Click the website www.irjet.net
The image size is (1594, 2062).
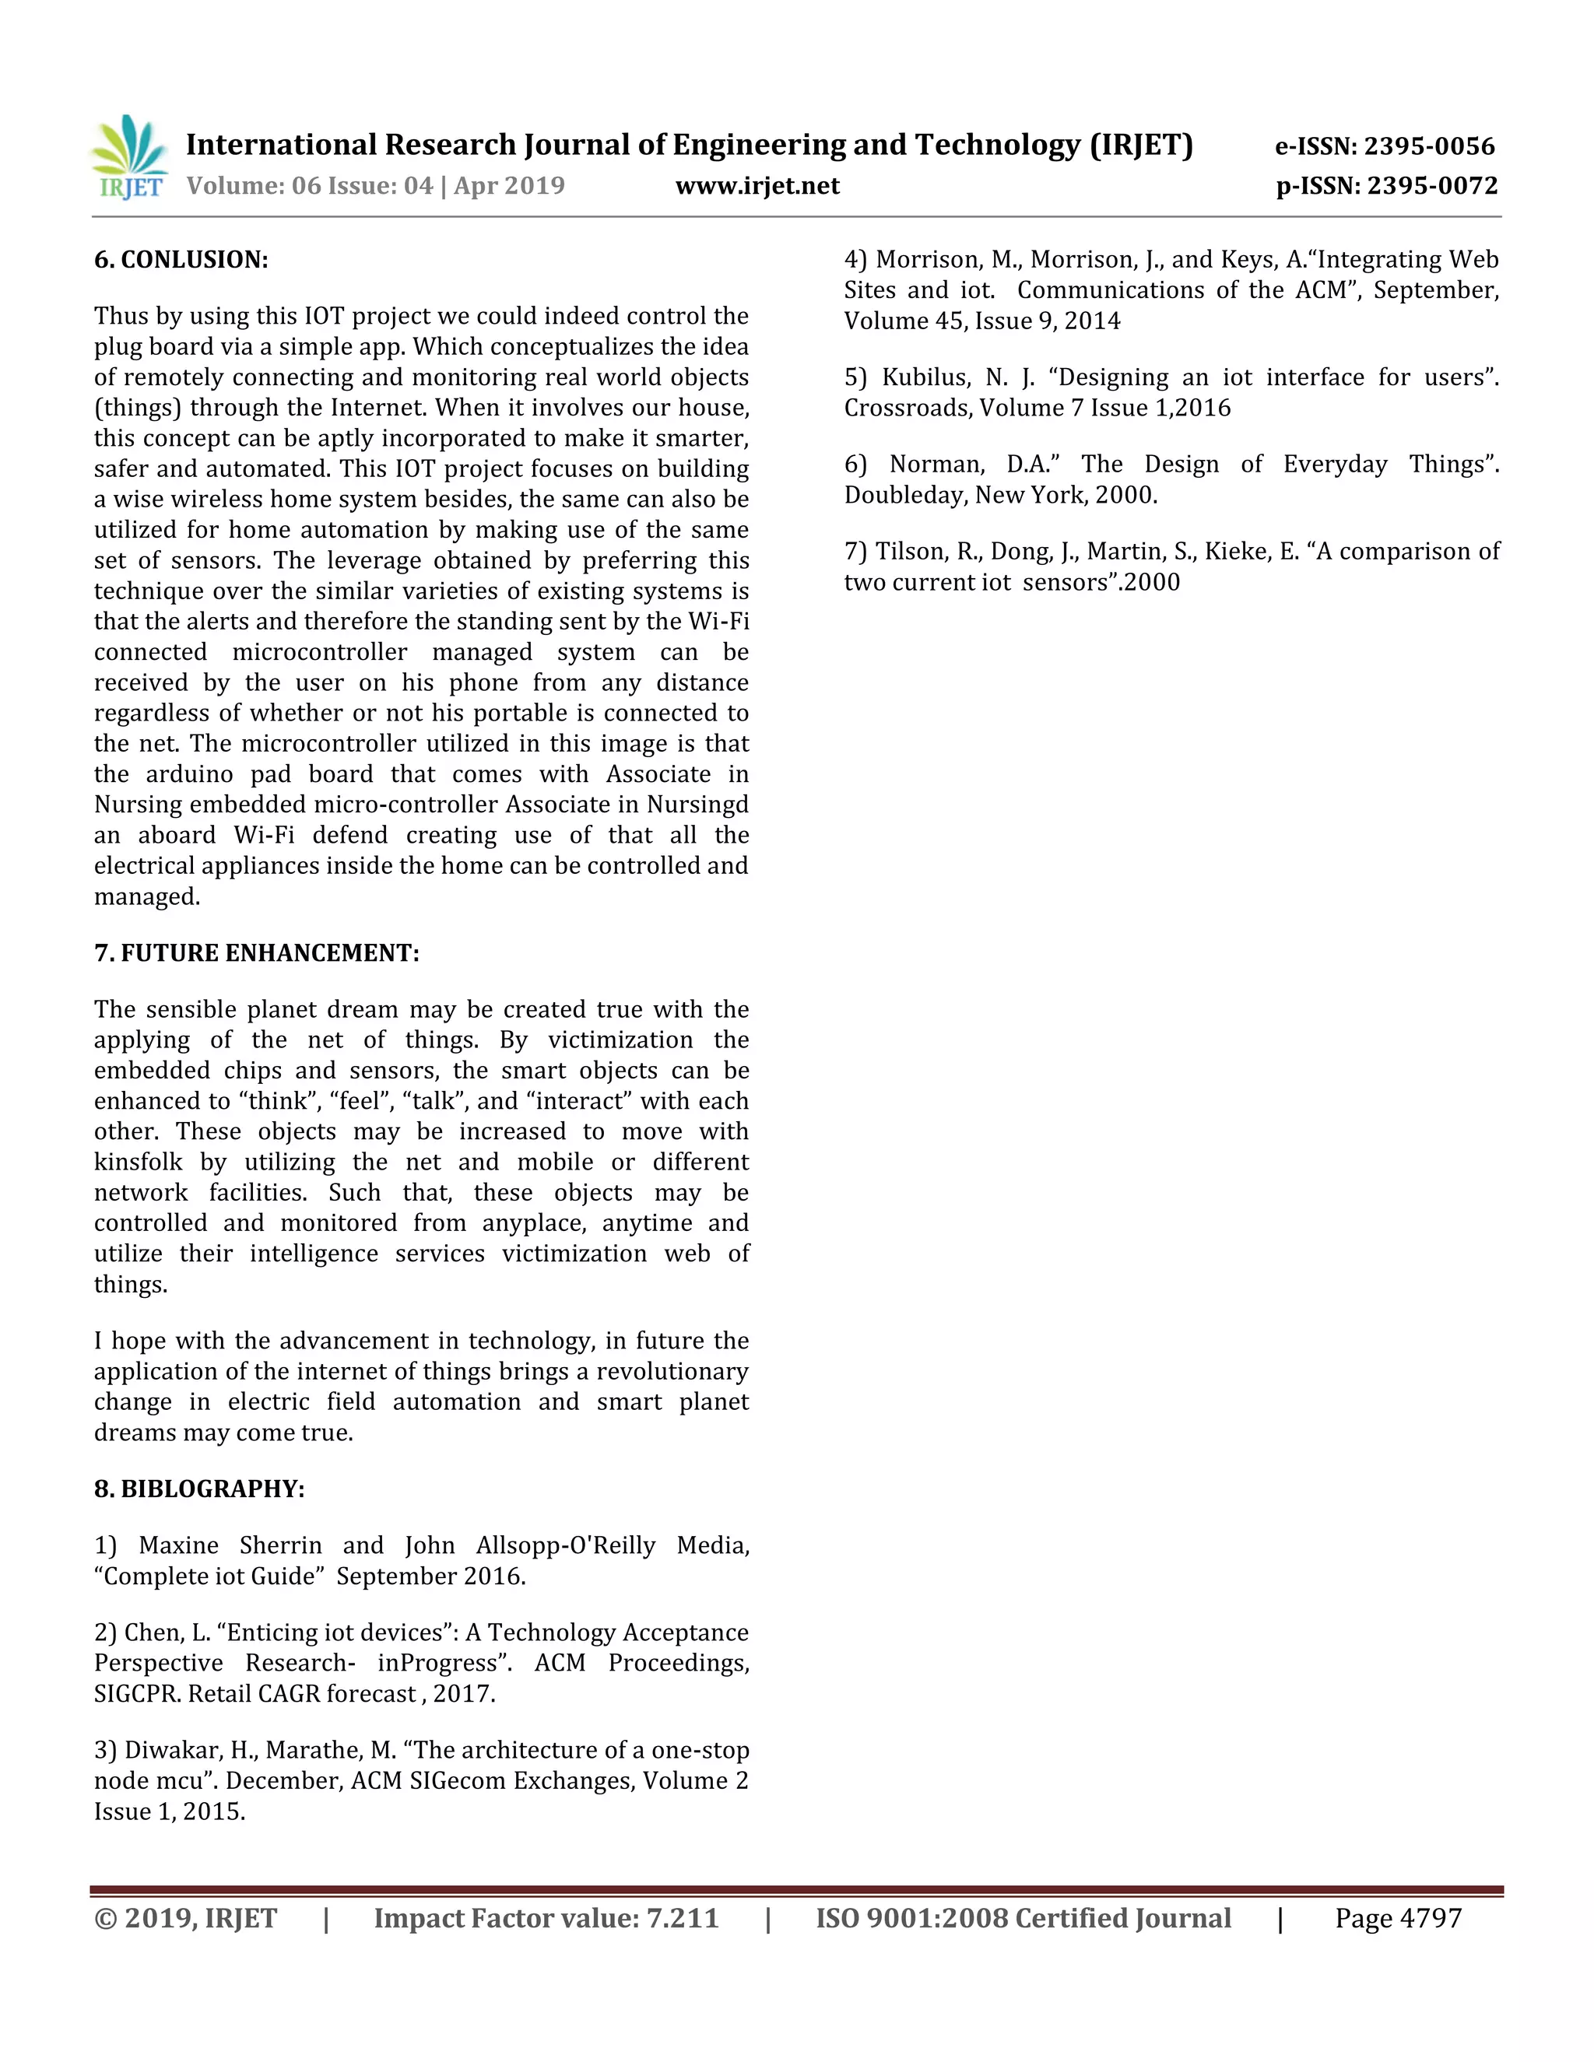pos(757,185)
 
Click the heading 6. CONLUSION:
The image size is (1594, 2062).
pos(181,260)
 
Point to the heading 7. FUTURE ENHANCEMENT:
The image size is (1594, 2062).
pos(257,952)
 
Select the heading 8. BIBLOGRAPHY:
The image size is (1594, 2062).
pos(199,1489)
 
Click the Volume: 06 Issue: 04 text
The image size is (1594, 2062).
pos(310,185)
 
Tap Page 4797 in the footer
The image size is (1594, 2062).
pos(1398,1919)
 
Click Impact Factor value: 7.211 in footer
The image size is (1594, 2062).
pos(546,1919)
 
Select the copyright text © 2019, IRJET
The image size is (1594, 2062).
pos(185,1919)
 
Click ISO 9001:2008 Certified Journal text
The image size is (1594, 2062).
pos(1023,1919)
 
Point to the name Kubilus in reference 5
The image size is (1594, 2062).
pos(925,377)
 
